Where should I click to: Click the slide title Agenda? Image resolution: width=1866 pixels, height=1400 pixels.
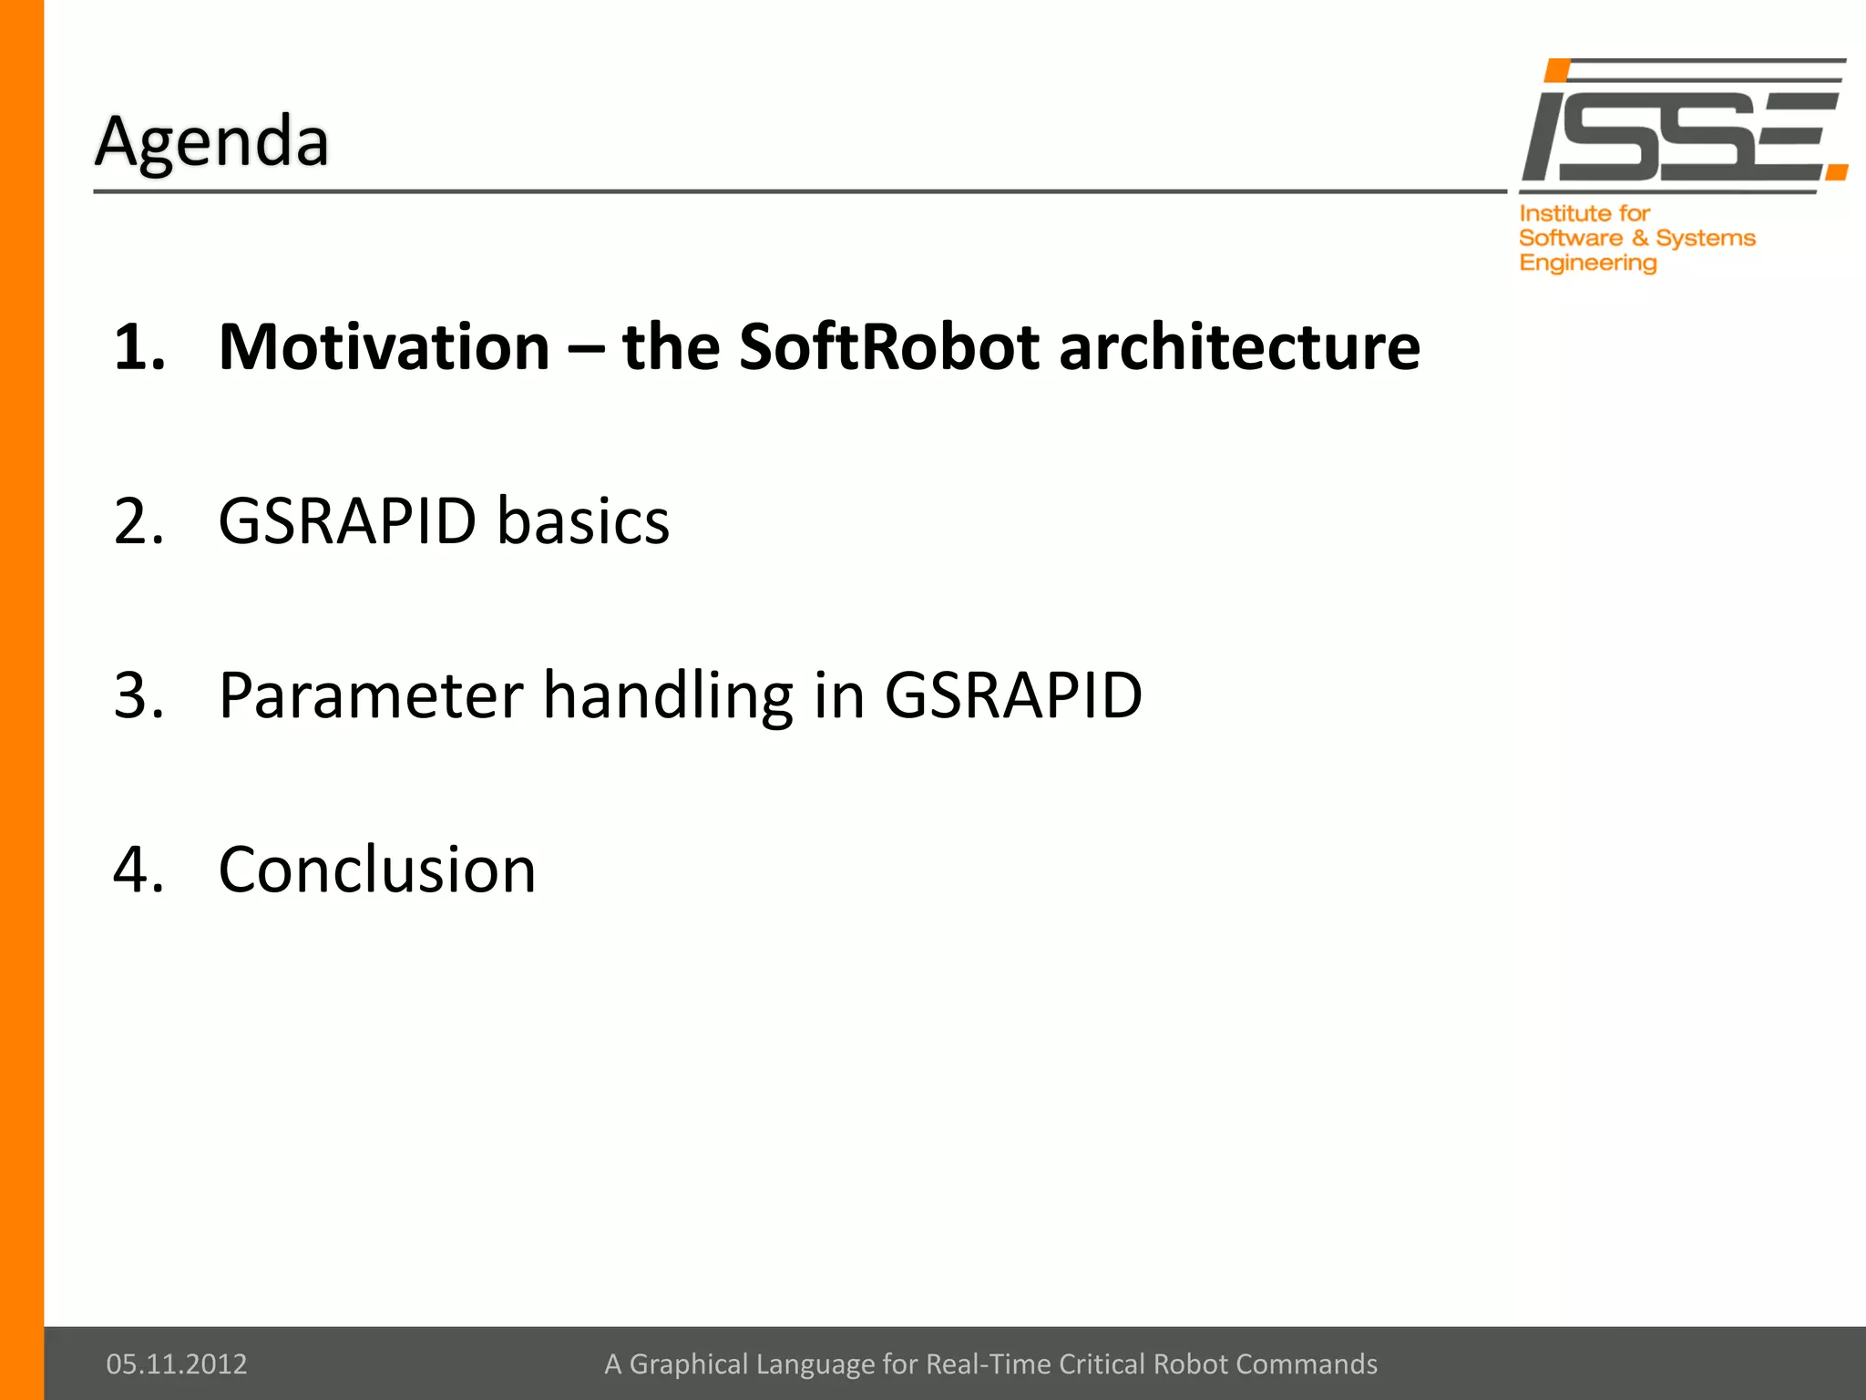pos(211,143)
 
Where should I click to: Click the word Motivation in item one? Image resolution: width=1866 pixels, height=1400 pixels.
pos(384,347)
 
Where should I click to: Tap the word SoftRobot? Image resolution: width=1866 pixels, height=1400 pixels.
pos(888,347)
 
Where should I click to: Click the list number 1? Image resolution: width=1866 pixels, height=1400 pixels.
pos(138,347)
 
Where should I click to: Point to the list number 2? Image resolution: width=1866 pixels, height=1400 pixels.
pos(138,521)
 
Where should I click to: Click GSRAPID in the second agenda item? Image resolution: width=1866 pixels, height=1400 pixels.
pos(347,521)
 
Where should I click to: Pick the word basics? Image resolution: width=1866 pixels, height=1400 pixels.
pos(583,521)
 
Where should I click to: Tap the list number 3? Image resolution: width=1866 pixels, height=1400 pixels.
pos(138,695)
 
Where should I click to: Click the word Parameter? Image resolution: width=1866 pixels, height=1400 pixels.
pos(370,695)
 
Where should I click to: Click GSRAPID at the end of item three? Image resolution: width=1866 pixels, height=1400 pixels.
pos(1012,695)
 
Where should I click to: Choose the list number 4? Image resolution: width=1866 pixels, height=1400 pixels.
pos(138,870)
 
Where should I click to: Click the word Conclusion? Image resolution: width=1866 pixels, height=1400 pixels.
pos(377,870)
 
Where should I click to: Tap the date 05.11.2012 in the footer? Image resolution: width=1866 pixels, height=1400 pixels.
pos(177,1364)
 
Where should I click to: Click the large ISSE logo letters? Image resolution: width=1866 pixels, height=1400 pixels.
pos(1672,134)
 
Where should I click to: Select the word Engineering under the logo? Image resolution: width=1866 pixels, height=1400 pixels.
pos(1587,263)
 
